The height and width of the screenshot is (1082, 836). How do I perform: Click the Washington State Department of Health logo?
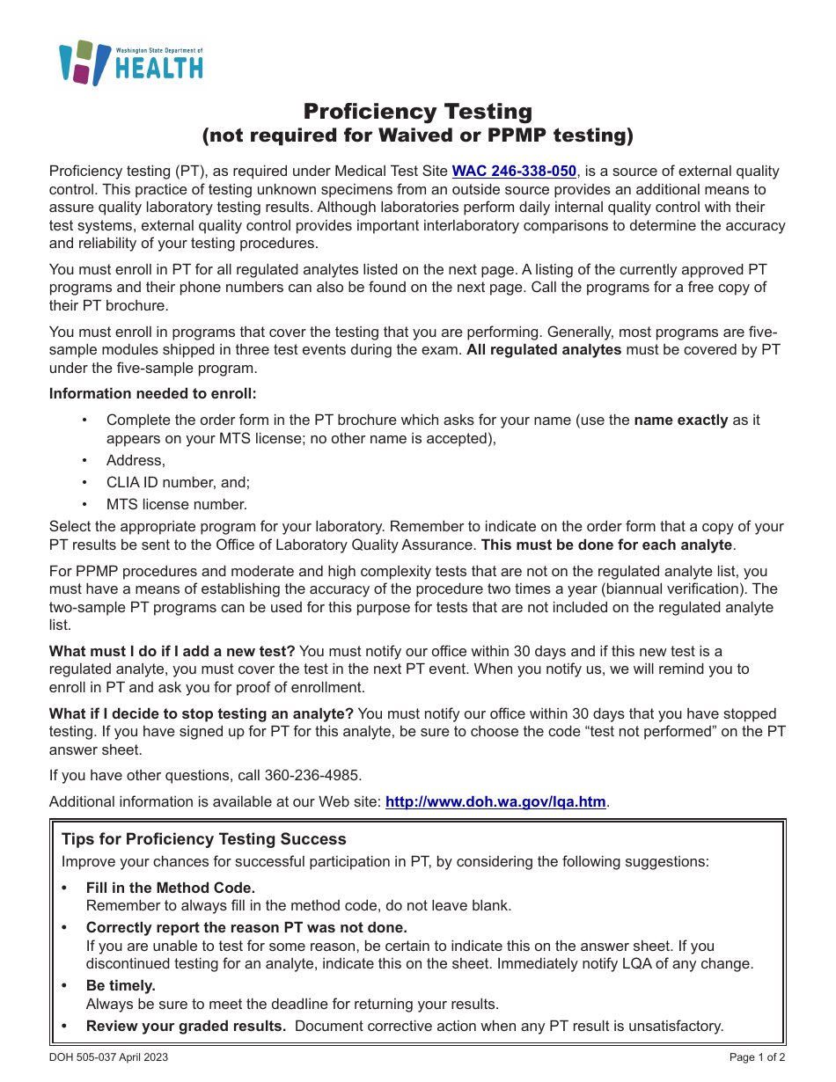pyautogui.click(x=130, y=63)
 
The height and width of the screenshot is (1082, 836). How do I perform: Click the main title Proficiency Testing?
pyautogui.click(x=418, y=112)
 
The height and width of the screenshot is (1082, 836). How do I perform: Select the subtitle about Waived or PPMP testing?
pyautogui.click(x=418, y=135)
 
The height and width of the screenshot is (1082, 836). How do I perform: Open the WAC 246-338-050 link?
pyautogui.click(x=514, y=172)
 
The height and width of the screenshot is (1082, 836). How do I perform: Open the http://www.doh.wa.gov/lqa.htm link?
pyautogui.click(x=495, y=801)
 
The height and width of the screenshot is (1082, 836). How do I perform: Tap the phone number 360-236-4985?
pyautogui.click(x=317, y=775)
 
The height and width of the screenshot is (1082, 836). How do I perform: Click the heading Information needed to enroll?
pyautogui.click(x=153, y=393)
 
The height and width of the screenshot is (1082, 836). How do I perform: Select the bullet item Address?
pyautogui.click(x=136, y=460)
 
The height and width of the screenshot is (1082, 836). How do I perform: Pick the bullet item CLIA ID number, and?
pyautogui.click(x=178, y=482)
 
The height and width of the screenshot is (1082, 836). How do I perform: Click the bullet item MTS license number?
pyautogui.click(x=177, y=504)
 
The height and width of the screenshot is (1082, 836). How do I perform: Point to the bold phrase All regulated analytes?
pyautogui.click(x=544, y=350)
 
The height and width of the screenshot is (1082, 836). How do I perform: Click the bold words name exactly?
pyautogui.click(x=680, y=420)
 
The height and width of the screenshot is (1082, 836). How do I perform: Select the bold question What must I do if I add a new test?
pyautogui.click(x=172, y=651)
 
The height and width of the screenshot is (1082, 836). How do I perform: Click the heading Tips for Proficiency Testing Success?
pyautogui.click(x=204, y=839)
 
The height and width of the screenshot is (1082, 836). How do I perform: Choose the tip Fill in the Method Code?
pyautogui.click(x=171, y=888)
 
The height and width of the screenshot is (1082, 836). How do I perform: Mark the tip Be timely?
pyautogui.click(x=121, y=985)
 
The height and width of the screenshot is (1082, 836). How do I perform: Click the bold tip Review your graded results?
pyautogui.click(x=186, y=1026)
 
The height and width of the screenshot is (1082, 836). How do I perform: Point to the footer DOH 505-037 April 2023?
pyautogui.click(x=108, y=1057)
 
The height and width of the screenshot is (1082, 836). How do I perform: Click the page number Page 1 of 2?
pyautogui.click(x=757, y=1057)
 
